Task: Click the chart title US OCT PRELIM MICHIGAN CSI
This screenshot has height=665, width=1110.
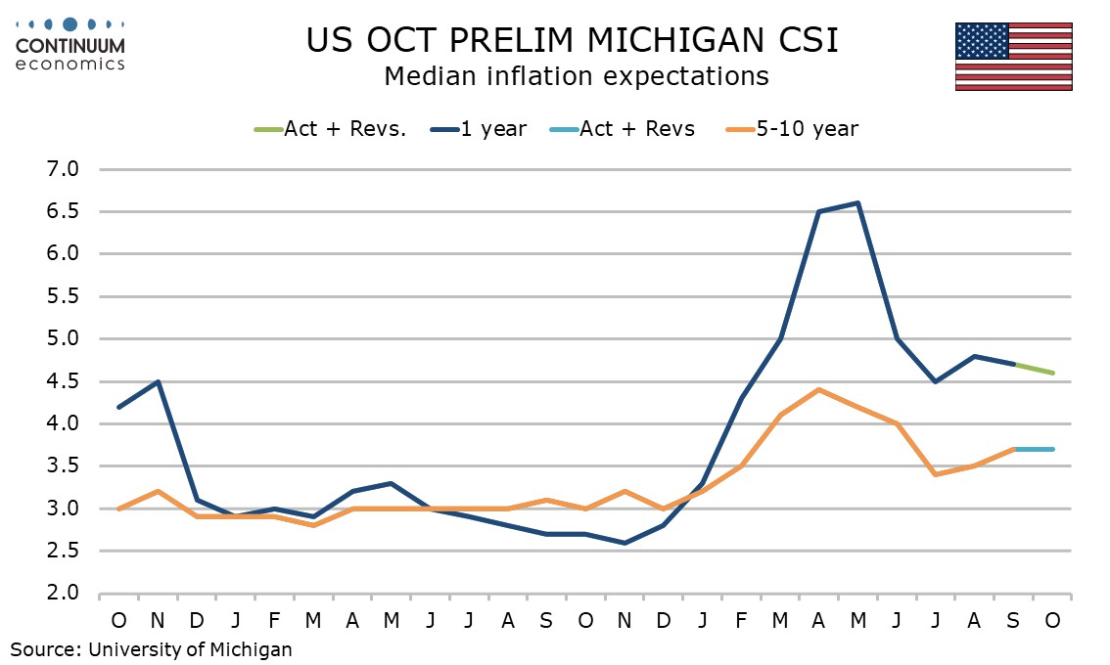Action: click(x=572, y=41)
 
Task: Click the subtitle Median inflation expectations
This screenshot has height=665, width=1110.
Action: click(x=576, y=75)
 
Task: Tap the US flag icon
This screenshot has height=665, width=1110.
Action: click(x=1013, y=57)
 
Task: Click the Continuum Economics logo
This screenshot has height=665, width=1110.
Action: click(x=70, y=44)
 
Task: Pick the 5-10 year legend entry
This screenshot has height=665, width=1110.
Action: click(x=793, y=129)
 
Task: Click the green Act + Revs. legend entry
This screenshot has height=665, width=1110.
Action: click(x=331, y=129)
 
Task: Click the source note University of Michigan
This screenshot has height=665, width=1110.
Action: click(x=152, y=648)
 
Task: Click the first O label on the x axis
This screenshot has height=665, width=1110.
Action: click(x=118, y=621)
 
